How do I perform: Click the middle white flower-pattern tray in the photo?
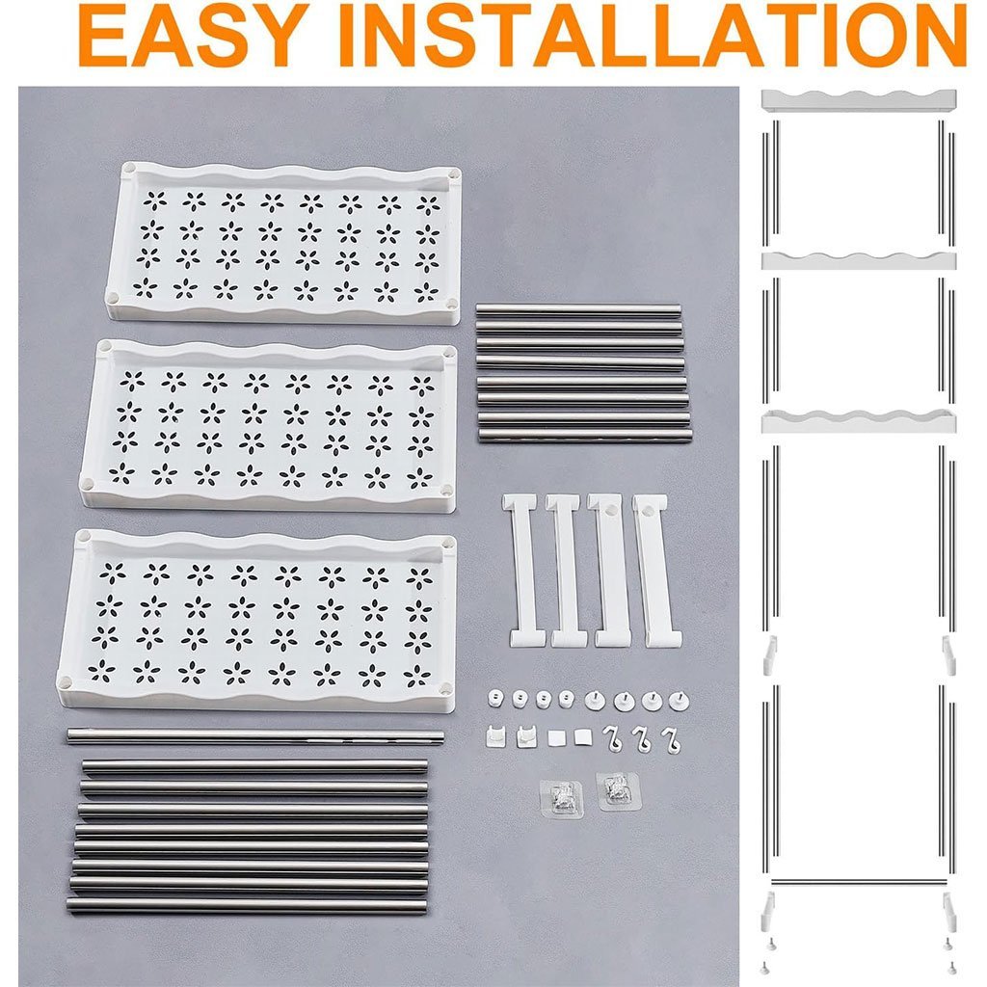269,425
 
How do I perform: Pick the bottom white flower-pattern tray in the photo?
256,621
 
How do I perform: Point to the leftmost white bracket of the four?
521,571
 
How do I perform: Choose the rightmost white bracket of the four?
656,571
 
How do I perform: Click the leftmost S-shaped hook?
611,739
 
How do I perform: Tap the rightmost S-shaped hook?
671,740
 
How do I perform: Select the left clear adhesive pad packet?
562,798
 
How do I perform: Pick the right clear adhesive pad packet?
618,791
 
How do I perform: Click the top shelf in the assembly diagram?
859,100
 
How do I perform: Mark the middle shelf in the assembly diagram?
859,260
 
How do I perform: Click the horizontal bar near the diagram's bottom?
859,881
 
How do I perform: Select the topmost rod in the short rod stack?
578,309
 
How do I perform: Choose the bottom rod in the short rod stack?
585,435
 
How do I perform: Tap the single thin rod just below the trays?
254,735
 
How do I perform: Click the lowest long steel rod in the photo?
246,906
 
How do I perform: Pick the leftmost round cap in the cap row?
496,698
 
